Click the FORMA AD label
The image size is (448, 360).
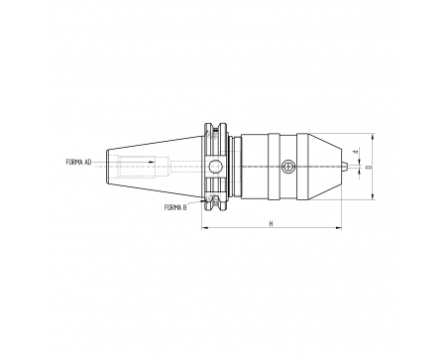pos(78,163)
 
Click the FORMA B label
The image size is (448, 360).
pos(175,207)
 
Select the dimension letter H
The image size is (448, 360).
pos(271,224)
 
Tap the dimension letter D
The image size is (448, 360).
pos(369,167)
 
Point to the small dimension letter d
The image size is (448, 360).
pos(356,152)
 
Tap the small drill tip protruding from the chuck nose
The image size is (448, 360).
pos(344,167)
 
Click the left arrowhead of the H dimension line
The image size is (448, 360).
pos(205,228)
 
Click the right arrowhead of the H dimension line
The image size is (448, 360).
pos(338,228)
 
